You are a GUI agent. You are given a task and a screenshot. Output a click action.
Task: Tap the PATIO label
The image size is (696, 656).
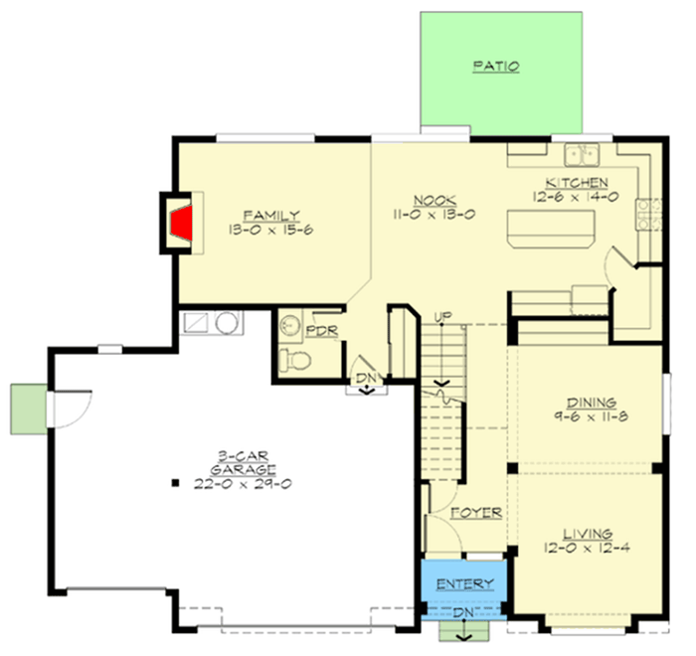tap(496, 68)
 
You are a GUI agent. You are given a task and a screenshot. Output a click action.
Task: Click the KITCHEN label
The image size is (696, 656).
tap(576, 183)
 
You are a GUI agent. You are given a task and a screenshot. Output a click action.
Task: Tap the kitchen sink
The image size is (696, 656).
tap(580, 155)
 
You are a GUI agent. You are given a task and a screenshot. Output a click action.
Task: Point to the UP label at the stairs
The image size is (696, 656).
tap(443, 316)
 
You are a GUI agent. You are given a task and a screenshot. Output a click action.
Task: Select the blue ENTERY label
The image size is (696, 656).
tap(464, 583)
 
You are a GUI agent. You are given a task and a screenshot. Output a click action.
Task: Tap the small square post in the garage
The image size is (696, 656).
tap(175, 484)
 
